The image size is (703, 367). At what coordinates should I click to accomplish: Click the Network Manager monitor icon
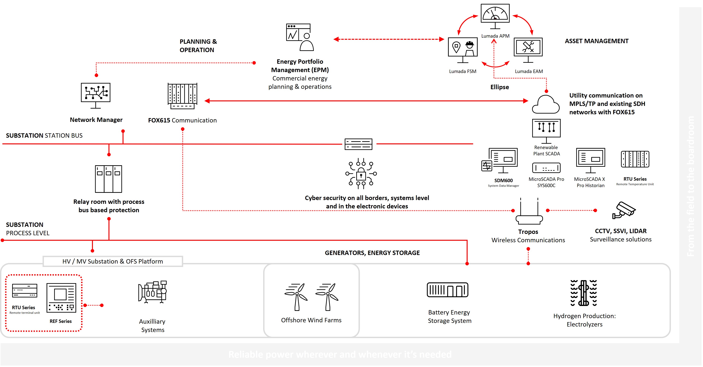point(96,94)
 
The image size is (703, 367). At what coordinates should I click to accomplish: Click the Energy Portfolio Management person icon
point(300,37)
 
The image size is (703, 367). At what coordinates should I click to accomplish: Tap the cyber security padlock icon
point(361,174)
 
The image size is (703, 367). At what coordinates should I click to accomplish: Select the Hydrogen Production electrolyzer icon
point(584,293)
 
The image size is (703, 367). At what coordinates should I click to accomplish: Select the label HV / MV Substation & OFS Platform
point(112,261)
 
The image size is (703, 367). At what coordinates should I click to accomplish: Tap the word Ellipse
point(499,87)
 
